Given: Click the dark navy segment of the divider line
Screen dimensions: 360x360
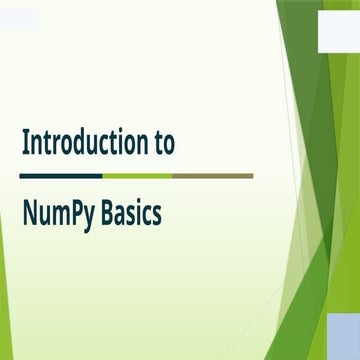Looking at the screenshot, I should (60, 175).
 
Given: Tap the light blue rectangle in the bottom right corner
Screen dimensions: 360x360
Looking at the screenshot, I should (344, 334).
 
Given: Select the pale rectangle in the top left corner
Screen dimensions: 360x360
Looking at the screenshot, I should (19, 19).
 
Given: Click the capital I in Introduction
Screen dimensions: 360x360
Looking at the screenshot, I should (26, 143).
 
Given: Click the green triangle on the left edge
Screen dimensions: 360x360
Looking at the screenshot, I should (5, 270).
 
